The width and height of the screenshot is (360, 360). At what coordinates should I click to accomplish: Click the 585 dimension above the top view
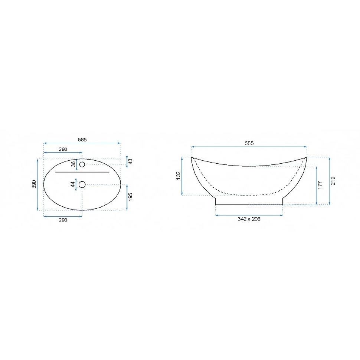(x=82, y=140)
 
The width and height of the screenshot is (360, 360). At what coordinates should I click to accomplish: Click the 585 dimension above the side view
(x=249, y=143)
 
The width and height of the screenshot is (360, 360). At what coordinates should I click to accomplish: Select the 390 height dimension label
(x=34, y=184)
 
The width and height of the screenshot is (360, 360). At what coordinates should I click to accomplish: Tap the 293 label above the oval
(x=63, y=149)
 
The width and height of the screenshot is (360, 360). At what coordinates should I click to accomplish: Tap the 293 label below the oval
(x=63, y=220)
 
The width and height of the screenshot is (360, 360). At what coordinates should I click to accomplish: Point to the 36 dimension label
(x=73, y=164)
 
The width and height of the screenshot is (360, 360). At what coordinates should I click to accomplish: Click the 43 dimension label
(x=130, y=161)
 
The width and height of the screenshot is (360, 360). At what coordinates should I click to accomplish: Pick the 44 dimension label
(x=73, y=184)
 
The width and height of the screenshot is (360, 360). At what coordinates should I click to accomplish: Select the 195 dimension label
(x=130, y=197)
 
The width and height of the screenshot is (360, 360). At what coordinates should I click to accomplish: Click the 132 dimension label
(x=179, y=176)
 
